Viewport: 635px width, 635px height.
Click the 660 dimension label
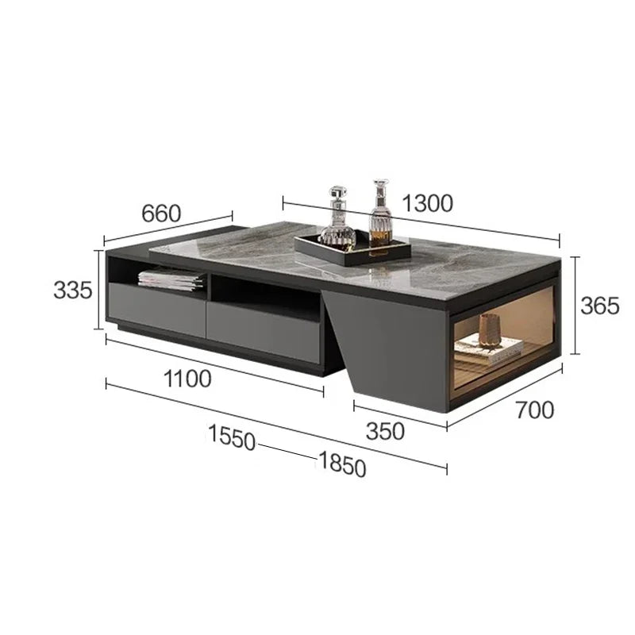pyautogui.click(x=161, y=214)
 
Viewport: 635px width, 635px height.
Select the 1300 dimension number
pyautogui.click(x=427, y=203)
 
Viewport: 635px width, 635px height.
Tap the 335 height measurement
pyautogui.click(x=73, y=290)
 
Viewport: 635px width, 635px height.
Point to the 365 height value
pyautogui.click(x=600, y=306)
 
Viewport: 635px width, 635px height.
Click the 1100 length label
pyautogui.click(x=187, y=379)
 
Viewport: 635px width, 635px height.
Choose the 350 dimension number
pyautogui.click(x=385, y=431)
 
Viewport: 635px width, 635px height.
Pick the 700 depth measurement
pyautogui.click(x=534, y=410)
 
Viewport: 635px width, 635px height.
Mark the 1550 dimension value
pyautogui.click(x=232, y=437)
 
